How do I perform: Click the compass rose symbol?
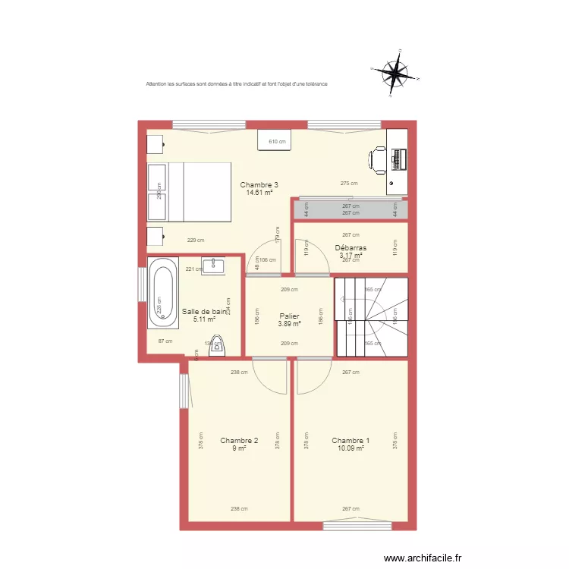[395, 74]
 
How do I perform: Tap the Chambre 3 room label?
[259, 185]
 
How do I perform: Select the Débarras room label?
[351, 248]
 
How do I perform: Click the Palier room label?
[289, 316]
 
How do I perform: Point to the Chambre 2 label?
[239, 441]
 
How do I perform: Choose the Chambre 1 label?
[351, 441]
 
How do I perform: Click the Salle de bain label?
[204, 312]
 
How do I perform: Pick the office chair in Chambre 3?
[378, 160]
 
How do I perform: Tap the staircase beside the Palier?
[372, 317]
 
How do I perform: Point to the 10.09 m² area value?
[351, 448]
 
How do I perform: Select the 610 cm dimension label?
[278, 142]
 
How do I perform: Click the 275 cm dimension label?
[349, 184]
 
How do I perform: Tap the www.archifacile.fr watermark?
[423, 558]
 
